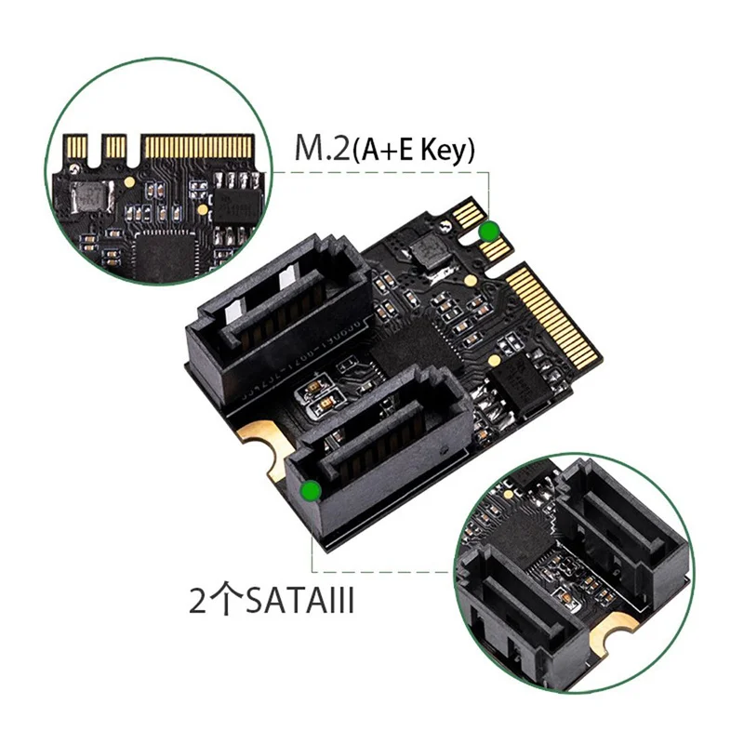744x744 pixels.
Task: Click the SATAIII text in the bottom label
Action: [x=299, y=600]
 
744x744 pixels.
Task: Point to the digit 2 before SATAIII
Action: [x=198, y=601]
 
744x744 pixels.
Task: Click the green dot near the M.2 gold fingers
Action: [x=489, y=232]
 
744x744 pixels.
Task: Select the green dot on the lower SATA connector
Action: [x=312, y=491]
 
